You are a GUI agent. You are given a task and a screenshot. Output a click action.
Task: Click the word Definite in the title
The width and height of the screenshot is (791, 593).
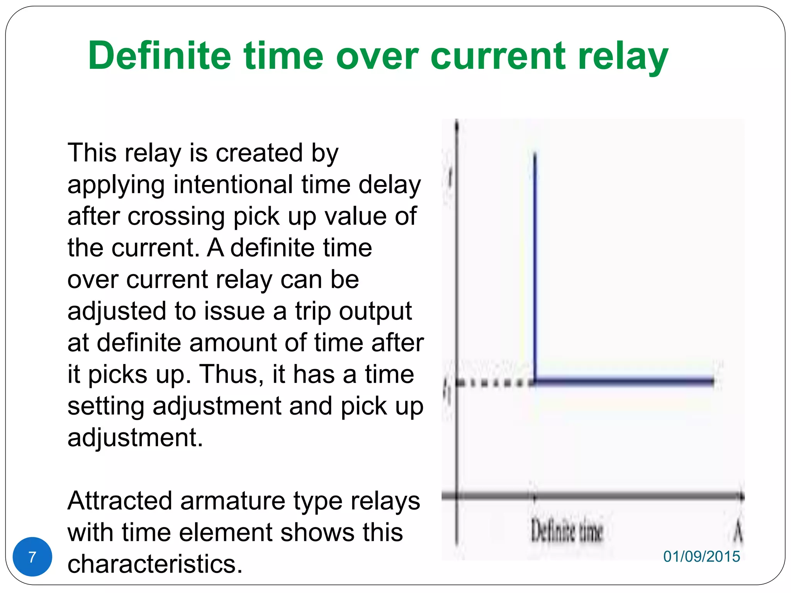pyautogui.click(x=159, y=56)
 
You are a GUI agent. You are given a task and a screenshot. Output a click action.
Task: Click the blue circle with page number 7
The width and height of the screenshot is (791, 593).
pyautogui.click(x=32, y=557)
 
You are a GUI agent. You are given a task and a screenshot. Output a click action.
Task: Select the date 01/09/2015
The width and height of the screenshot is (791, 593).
pyautogui.click(x=701, y=556)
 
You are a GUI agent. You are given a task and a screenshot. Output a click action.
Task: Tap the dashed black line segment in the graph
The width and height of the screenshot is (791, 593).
pyautogui.click(x=494, y=383)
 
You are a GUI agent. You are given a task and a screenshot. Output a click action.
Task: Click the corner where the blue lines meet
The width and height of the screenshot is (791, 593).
pyautogui.click(x=535, y=381)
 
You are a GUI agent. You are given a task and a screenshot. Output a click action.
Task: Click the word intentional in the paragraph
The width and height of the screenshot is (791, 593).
pyautogui.click(x=233, y=185)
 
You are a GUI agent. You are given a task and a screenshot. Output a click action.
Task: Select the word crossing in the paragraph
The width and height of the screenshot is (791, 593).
pyautogui.click(x=177, y=216)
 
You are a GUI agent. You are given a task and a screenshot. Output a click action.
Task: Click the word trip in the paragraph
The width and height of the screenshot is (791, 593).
pyautogui.click(x=313, y=311)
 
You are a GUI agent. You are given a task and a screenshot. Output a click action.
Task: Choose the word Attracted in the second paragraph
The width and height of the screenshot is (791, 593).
pyautogui.click(x=119, y=501)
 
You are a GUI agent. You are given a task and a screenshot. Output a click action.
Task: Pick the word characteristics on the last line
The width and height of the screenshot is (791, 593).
pyautogui.click(x=154, y=564)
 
